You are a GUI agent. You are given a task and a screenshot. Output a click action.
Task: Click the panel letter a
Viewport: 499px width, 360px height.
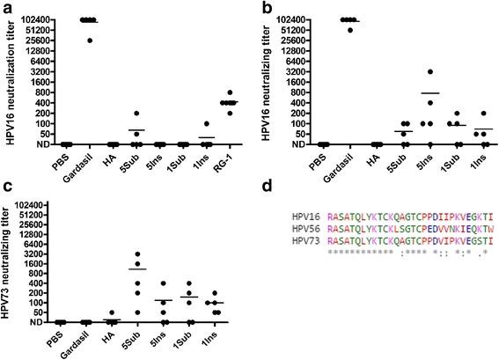coord(6,7)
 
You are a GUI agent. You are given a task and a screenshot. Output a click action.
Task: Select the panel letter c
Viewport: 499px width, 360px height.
coord(6,187)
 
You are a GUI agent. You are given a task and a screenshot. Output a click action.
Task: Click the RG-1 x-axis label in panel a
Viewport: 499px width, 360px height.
coord(232,158)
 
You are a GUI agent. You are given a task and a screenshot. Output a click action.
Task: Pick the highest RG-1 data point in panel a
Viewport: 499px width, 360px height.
coord(231,92)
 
